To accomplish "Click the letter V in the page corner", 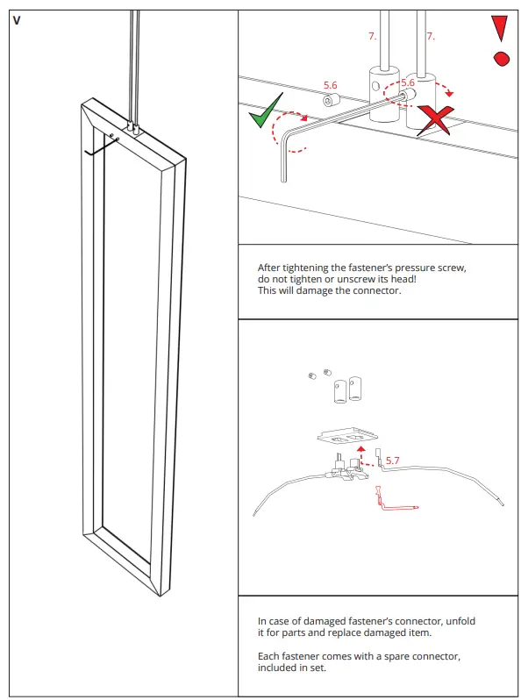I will click(18, 20).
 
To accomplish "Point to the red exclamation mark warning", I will click(501, 40).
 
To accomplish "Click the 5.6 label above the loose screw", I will click(331, 85).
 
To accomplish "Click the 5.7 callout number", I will click(393, 460).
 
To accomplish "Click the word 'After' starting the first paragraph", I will click(268, 268).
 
